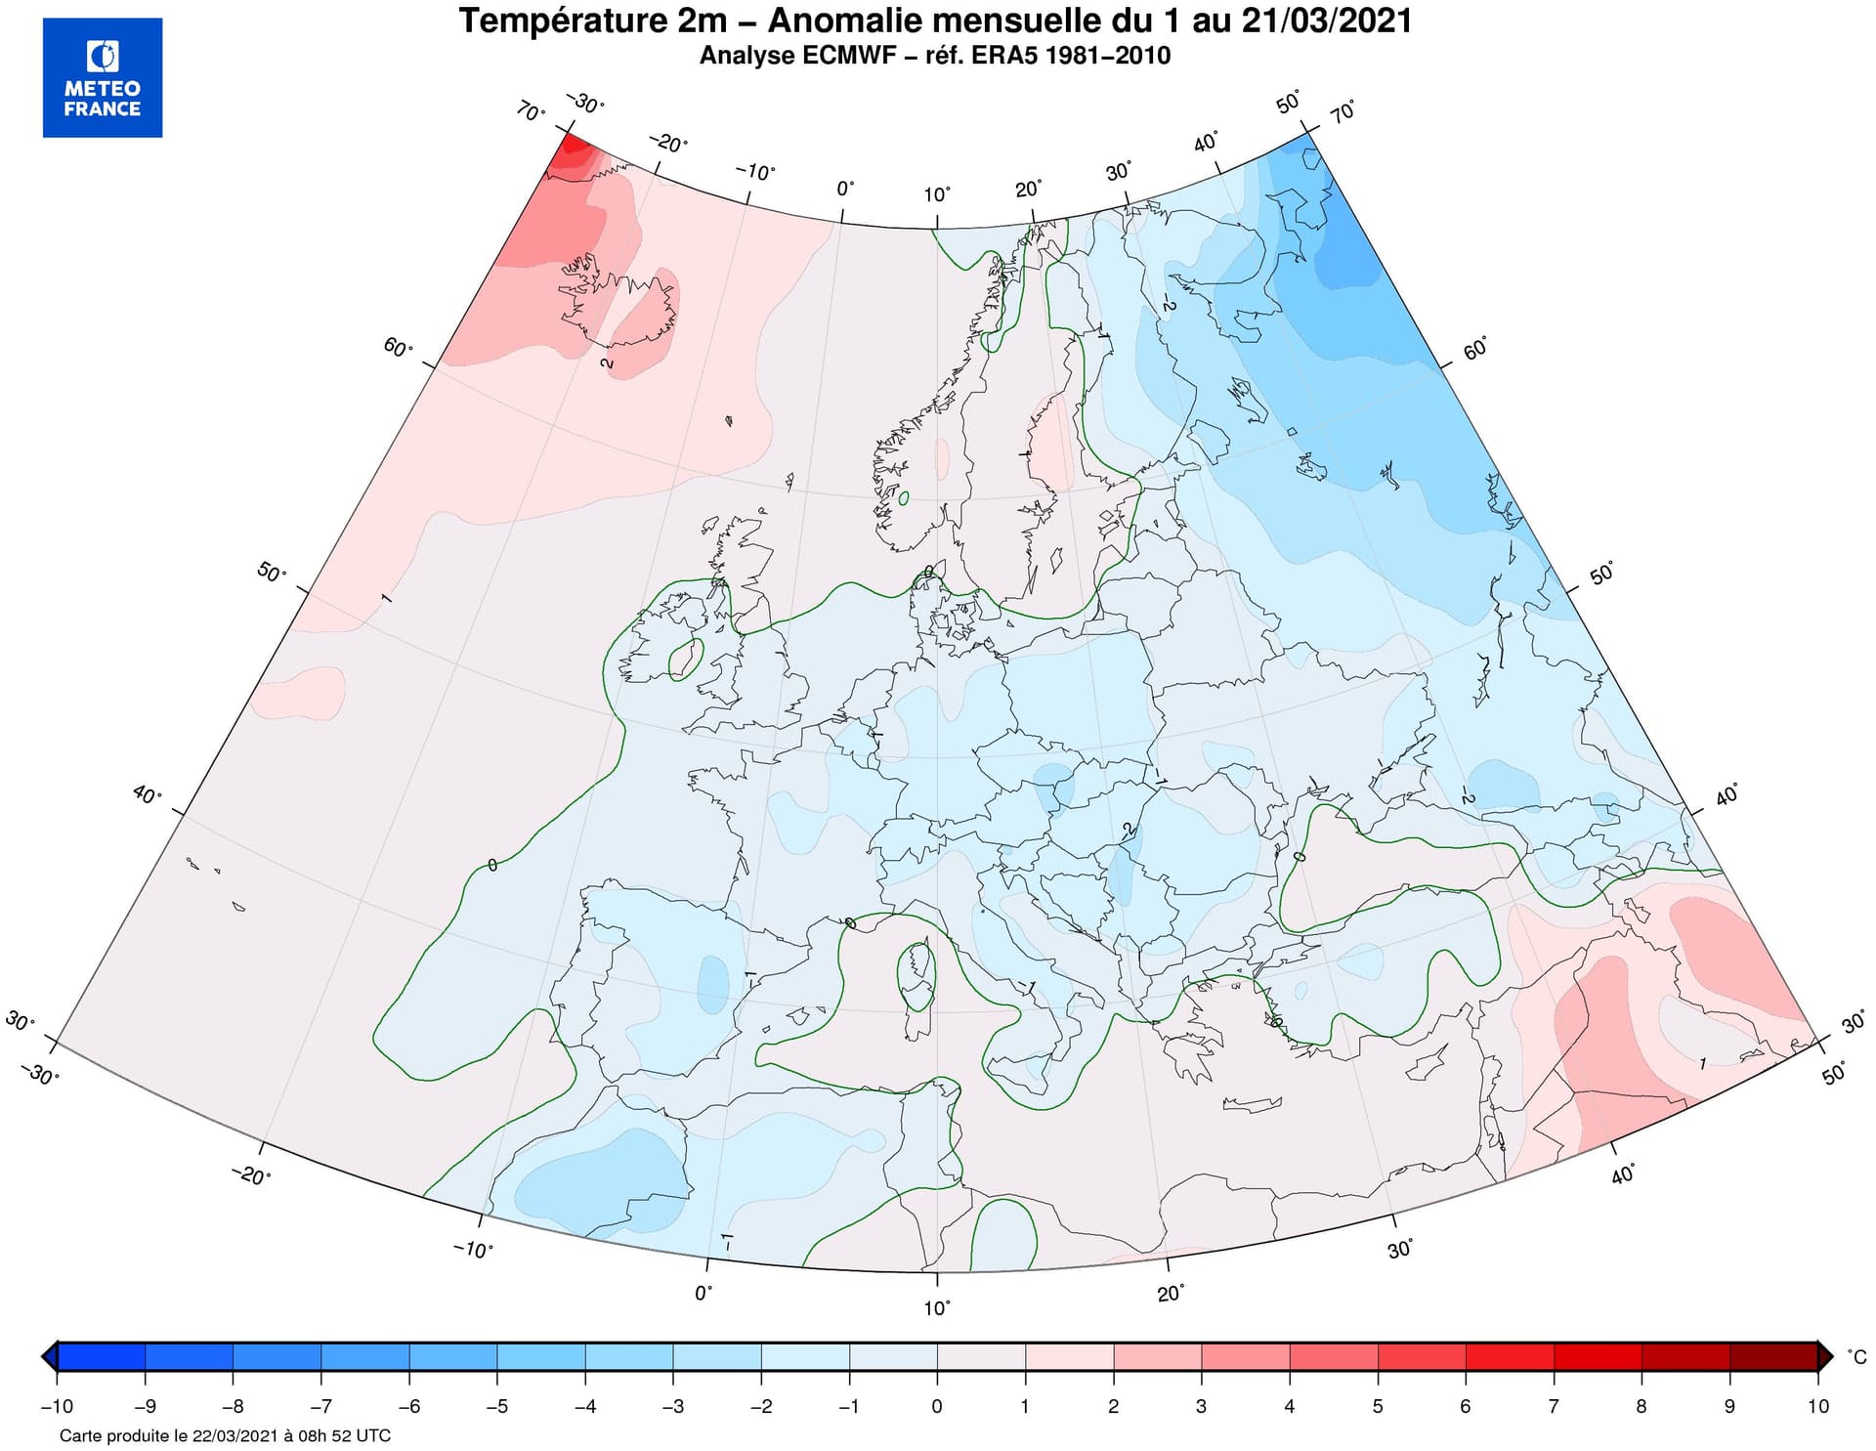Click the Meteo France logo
click(x=103, y=77)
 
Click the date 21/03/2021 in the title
click(x=1327, y=21)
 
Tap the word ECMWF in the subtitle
click(x=847, y=56)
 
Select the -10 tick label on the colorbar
click(x=57, y=1406)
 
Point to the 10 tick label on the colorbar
click(x=1817, y=1406)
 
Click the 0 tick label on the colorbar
click(x=937, y=1406)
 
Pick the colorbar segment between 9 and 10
click(x=1773, y=1357)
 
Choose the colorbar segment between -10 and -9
click(x=102, y=1357)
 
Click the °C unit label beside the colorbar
click(x=1856, y=1357)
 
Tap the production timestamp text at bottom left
click(x=225, y=1435)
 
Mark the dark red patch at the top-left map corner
click(x=576, y=151)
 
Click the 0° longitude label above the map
click(x=845, y=189)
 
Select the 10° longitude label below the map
click(x=936, y=1307)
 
